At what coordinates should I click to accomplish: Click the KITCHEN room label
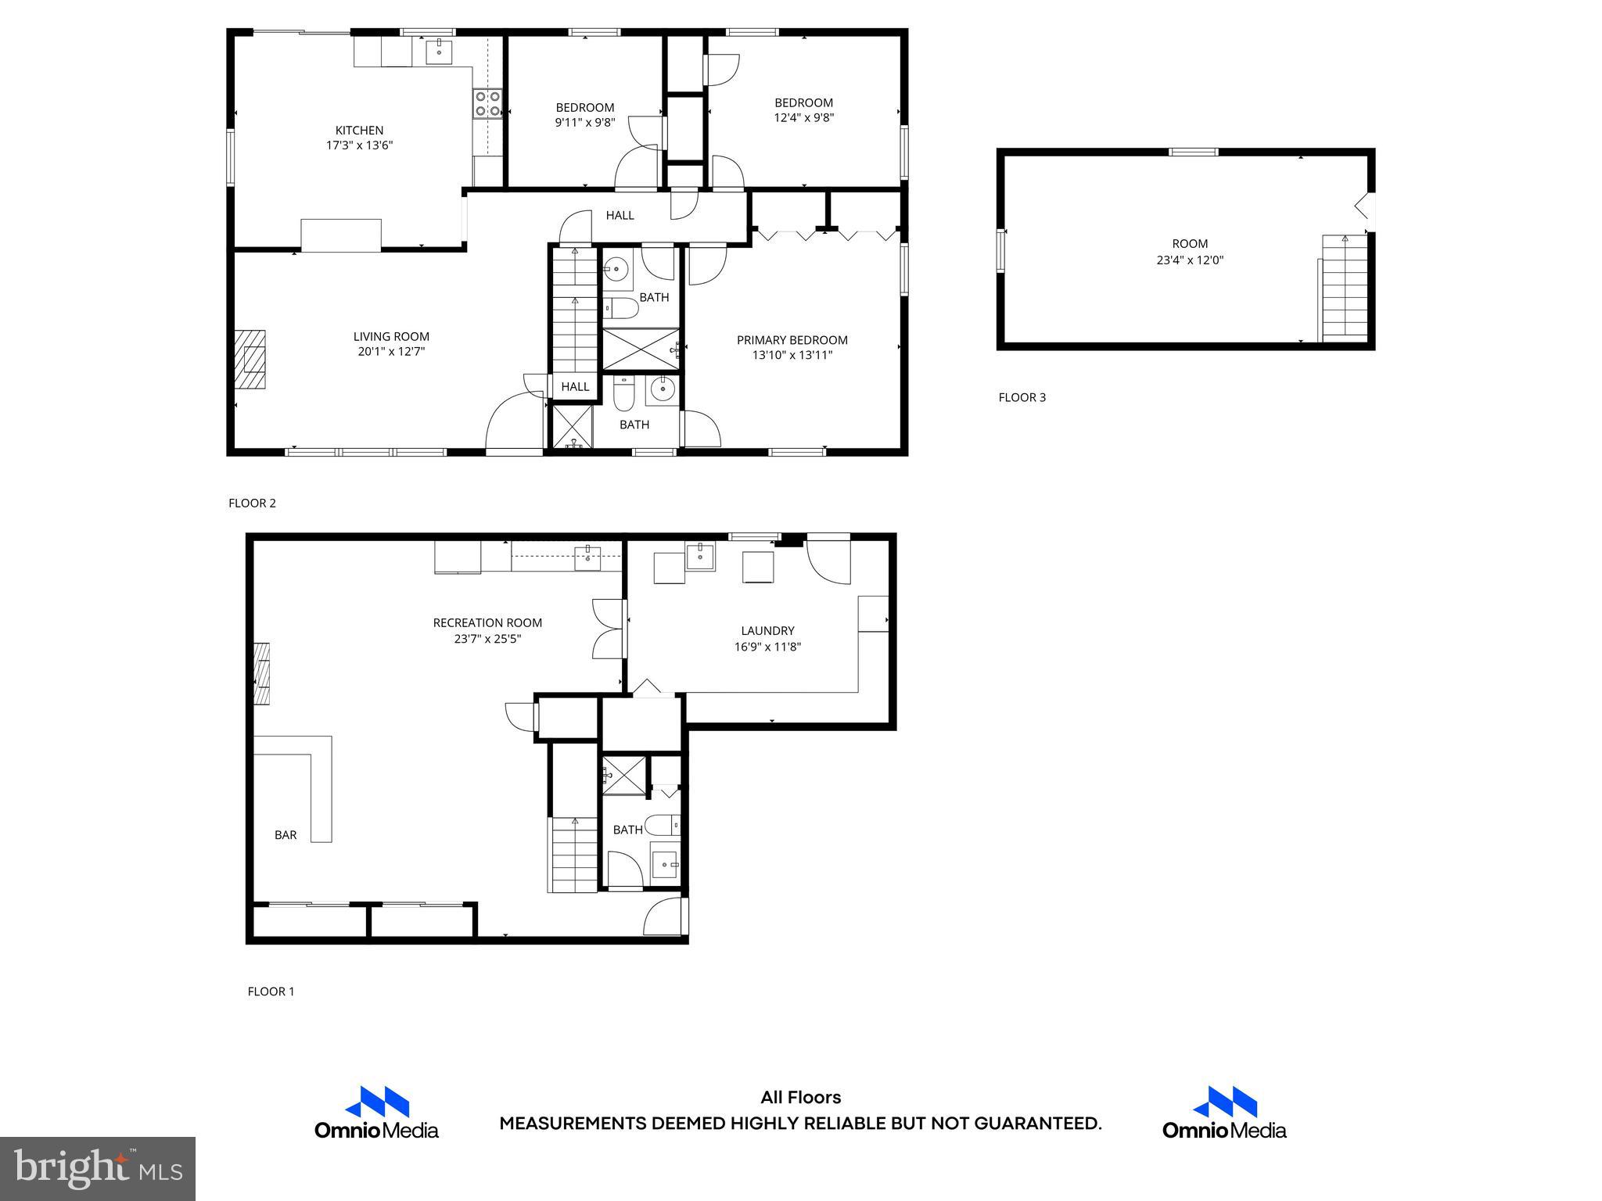click(x=359, y=131)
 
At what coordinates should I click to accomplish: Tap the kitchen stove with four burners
click(x=487, y=104)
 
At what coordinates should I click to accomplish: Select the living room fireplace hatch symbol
click(x=250, y=360)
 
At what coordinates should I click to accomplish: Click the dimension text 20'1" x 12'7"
click(x=391, y=352)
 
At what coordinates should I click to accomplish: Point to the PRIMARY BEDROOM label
click(x=792, y=340)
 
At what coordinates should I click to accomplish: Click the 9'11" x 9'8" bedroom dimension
click(x=585, y=123)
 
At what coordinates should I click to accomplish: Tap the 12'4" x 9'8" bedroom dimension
click(x=803, y=118)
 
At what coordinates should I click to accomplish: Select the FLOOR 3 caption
click(x=1022, y=397)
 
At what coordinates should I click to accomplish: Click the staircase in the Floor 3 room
click(x=1345, y=288)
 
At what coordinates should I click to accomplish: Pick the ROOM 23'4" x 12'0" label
click(x=1189, y=252)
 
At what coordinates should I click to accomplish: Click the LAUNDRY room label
click(x=767, y=631)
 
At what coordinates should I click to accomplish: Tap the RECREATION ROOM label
click(x=487, y=623)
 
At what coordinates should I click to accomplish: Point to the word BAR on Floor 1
click(x=286, y=835)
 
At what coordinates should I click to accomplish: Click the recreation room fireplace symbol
click(x=262, y=674)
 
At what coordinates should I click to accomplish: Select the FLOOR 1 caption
click(x=271, y=991)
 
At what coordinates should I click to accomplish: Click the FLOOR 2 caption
click(x=252, y=504)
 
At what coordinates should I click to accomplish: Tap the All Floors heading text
click(x=800, y=1098)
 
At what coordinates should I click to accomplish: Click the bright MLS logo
click(x=98, y=1169)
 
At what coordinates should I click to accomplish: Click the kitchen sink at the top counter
click(x=439, y=52)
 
